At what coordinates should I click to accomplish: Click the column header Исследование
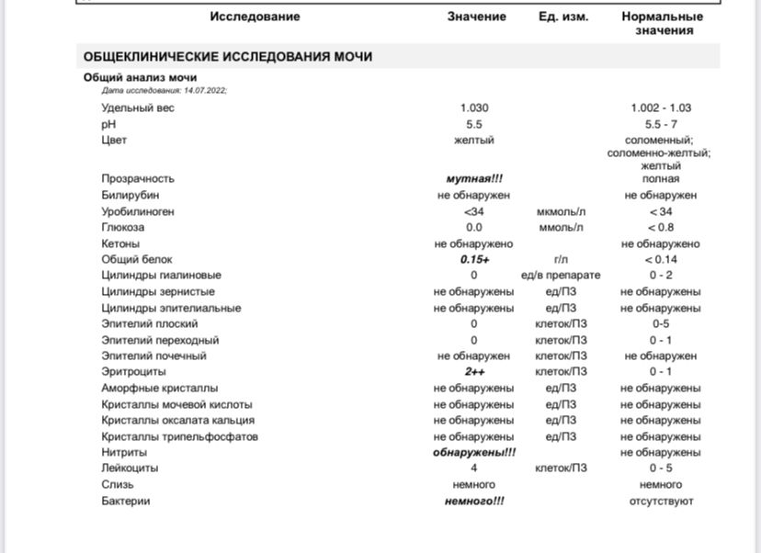point(255,17)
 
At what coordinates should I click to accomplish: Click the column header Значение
point(476,17)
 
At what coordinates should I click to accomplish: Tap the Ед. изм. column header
point(563,17)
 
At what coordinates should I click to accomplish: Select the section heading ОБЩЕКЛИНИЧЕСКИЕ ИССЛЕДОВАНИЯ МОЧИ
point(228,57)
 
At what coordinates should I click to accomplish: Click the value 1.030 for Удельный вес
point(474,107)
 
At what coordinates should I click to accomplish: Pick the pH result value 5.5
point(474,124)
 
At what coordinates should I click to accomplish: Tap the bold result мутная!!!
point(474,179)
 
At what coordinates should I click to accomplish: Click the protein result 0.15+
point(474,260)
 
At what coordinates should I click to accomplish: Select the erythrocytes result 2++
point(474,372)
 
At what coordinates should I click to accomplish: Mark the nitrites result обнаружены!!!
point(474,453)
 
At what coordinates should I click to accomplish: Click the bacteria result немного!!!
point(474,502)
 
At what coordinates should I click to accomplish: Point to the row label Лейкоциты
point(130,468)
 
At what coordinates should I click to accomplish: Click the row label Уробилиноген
point(138,212)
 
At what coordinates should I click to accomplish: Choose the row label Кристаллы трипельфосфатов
point(179,436)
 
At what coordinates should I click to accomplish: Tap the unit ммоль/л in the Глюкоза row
point(561,228)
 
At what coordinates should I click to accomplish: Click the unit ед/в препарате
point(561,276)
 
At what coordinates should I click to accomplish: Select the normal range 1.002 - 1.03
point(661,107)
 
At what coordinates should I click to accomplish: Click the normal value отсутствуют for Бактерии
point(661,502)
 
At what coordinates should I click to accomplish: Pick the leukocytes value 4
point(474,468)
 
